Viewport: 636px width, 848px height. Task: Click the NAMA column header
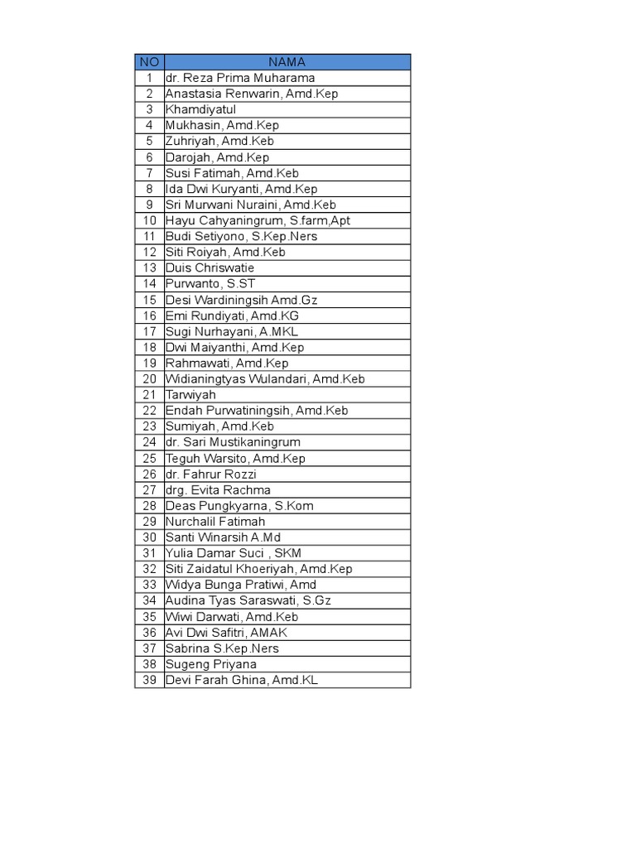pyautogui.click(x=287, y=62)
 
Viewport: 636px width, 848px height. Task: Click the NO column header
pyautogui.click(x=149, y=62)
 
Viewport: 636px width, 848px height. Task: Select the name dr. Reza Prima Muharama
pyautogui.click(x=240, y=78)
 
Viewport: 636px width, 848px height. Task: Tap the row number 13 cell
pyautogui.click(x=149, y=268)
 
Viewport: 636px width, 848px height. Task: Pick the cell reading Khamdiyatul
pyautogui.click(x=200, y=109)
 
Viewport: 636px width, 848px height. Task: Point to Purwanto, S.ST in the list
pyautogui.click(x=210, y=284)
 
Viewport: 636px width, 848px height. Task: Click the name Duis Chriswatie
pyautogui.click(x=210, y=268)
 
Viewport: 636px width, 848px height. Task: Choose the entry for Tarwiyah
pyautogui.click(x=190, y=395)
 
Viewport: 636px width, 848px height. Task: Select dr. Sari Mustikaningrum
pyautogui.click(x=233, y=442)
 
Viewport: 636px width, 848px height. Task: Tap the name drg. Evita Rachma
pyautogui.click(x=218, y=490)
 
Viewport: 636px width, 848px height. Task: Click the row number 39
pyautogui.click(x=149, y=680)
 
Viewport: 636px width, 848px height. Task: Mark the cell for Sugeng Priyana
pyautogui.click(x=210, y=664)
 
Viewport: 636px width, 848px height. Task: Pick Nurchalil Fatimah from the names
pyautogui.click(x=215, y=522)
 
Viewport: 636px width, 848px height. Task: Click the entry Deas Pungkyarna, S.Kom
pyautogui.click(x=239, y=506)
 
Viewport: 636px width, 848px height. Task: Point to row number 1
pyautogui.click(x=149, y=78)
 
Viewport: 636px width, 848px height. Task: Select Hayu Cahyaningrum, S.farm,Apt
pyautogui.click(x=258, y=220)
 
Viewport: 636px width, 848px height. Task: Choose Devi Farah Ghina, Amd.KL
pyautogui.click(x=241, y=680)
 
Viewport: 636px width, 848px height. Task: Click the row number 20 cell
pyautogui.click(x=149, y=379)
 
